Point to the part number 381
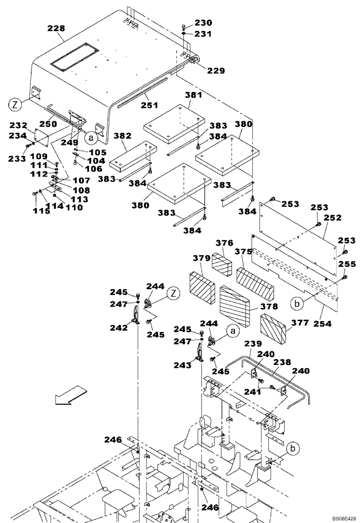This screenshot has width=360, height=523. (193, 96)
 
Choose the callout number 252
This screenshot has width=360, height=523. (332, 217)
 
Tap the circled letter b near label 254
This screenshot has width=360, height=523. (296, 303)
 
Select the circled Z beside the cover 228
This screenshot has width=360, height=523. (15, 105)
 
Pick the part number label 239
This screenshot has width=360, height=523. (252, 345)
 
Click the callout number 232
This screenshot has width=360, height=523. (18, 126)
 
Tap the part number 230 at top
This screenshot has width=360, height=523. (204, 23)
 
